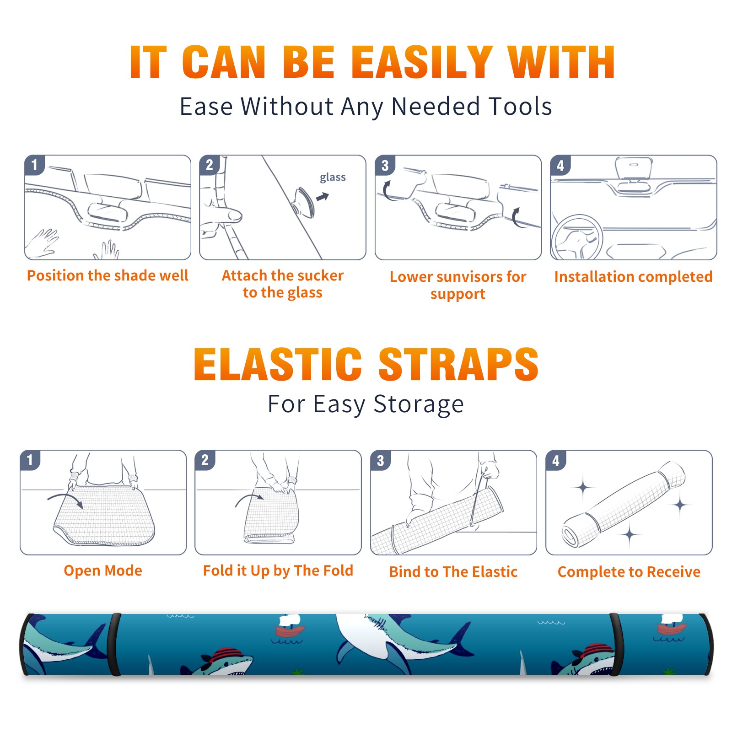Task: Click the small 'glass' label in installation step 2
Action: click(x=333, y=178)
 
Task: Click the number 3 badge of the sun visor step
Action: click(x=385, y=165)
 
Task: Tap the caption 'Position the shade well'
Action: click(x=108, y=275)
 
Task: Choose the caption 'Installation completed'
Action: click(x=633, y=277)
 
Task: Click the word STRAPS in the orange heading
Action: click(x=458, y=364)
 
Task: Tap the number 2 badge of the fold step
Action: click(x=205, y=460)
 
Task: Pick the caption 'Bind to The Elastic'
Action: click(x=453, y=572)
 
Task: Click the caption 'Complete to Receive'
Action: click(x=629, y=572)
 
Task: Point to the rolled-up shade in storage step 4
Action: click(x=623, y=504)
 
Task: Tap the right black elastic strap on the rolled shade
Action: click(x=615, y=644)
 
